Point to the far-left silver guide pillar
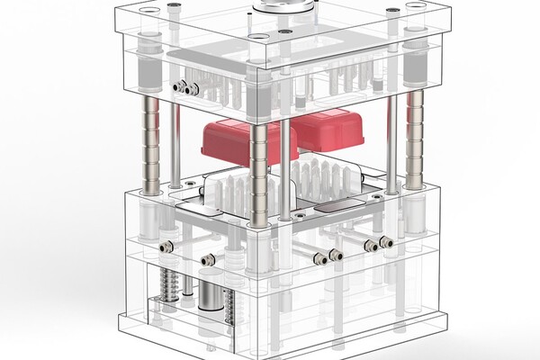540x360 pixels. [152, 144]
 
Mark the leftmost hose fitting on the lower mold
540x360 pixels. [164, 247]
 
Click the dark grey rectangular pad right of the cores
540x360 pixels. [340, 205]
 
